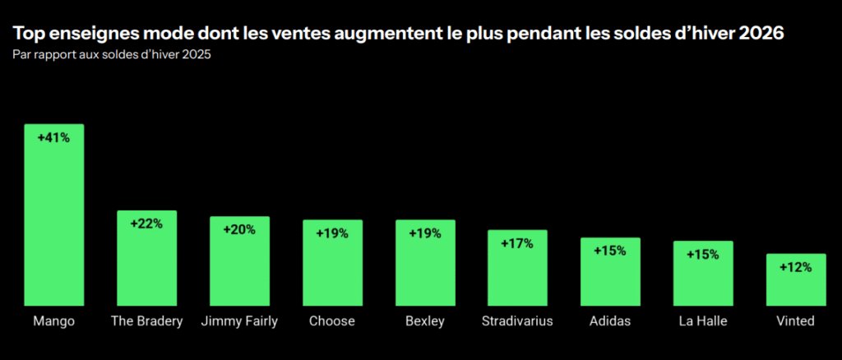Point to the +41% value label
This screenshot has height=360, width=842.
[53, 138]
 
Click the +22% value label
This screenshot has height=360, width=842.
[146, 224]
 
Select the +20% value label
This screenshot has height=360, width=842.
[239, 229]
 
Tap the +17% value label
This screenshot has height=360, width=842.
[517, 243]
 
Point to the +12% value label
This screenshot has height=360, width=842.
[796, 267]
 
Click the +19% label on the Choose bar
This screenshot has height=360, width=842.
[332, 233]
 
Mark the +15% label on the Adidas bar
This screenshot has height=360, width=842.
[610, 251]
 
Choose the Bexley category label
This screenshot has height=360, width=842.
[425, 321]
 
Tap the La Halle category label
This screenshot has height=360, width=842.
[703, 321]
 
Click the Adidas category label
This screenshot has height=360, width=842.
[610, 321]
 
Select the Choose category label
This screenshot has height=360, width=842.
[332, 321]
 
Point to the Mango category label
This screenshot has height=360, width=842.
[53, 321]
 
